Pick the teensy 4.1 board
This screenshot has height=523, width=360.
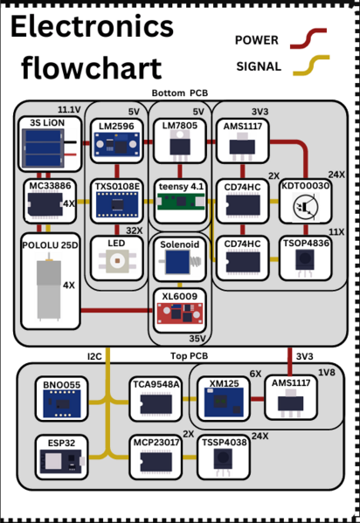tap(179, 201)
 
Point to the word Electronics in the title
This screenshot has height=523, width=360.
tap(91, 28)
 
